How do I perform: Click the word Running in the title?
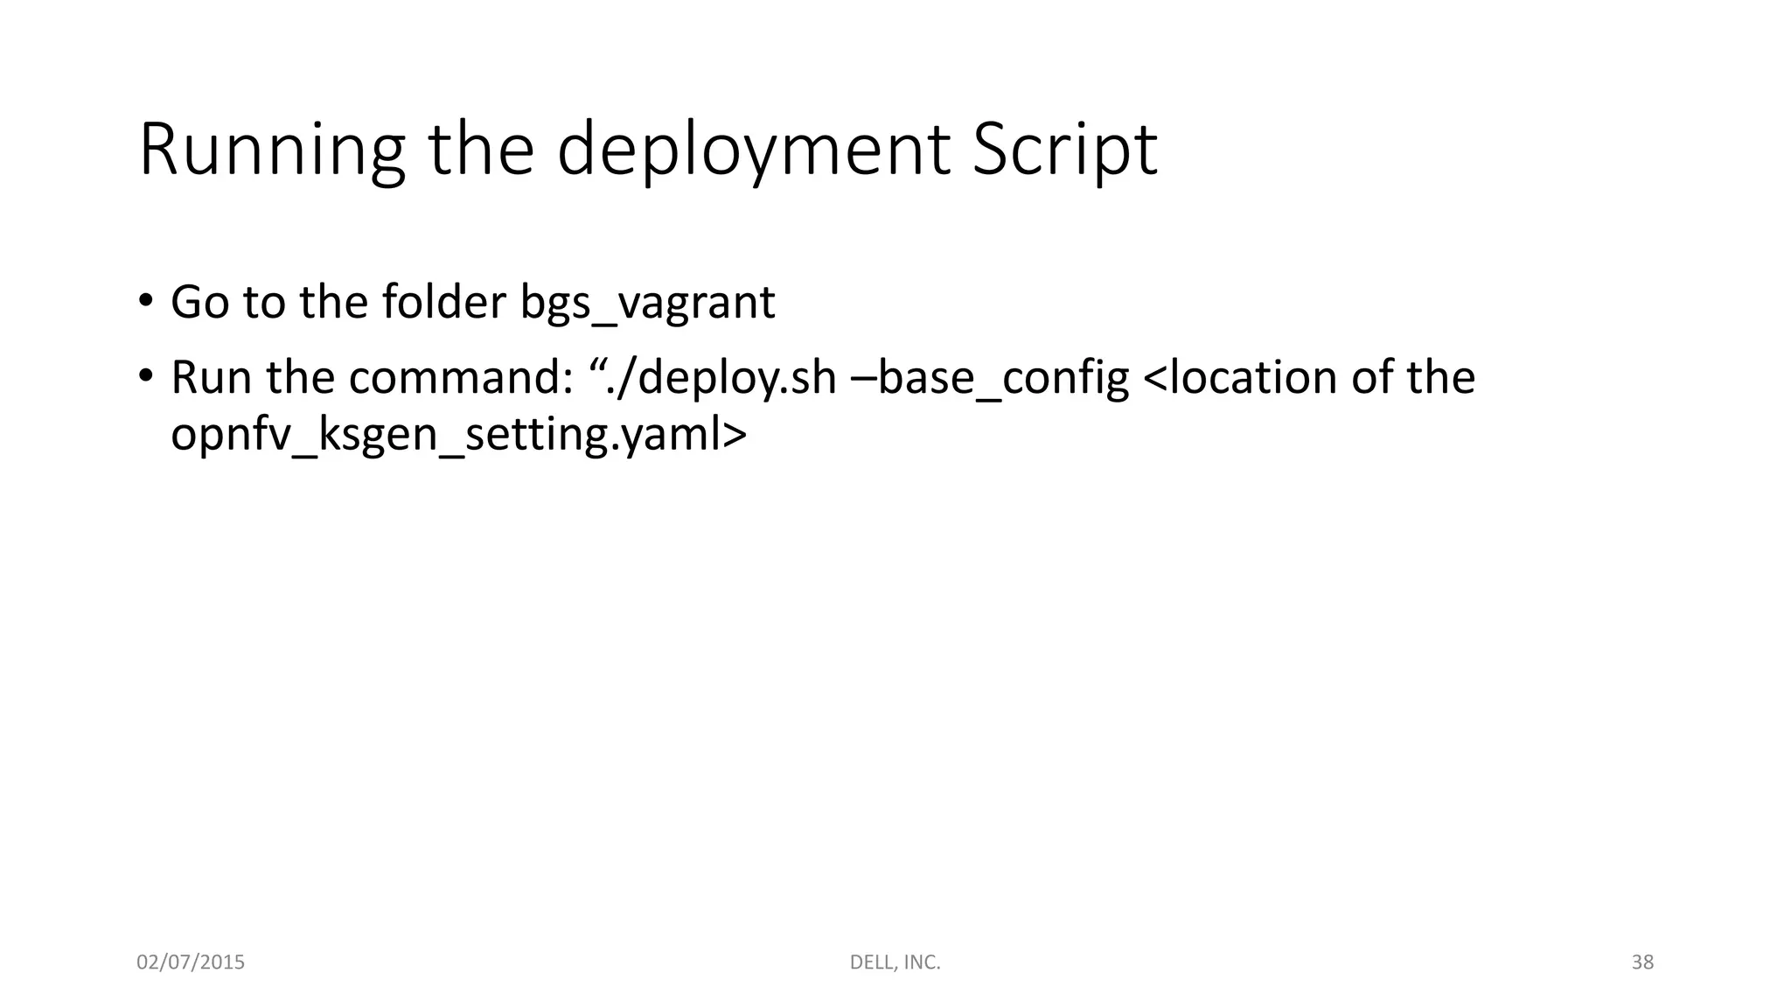coord(272,150)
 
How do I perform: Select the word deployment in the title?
coord(753,150)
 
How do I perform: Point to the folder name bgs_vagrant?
coord(647,303)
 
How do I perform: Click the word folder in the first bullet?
coord(444,302)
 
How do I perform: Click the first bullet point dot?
coord(145,300)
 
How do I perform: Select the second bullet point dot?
coord(145,375)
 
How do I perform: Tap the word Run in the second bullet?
coord(211,377)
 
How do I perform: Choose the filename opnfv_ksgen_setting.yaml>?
coord(459,435)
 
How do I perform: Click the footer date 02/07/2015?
coord(191,962)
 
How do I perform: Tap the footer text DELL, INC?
coord(895,962)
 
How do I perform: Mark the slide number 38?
coord(1642,962)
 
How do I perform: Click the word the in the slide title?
coord(480,150)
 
